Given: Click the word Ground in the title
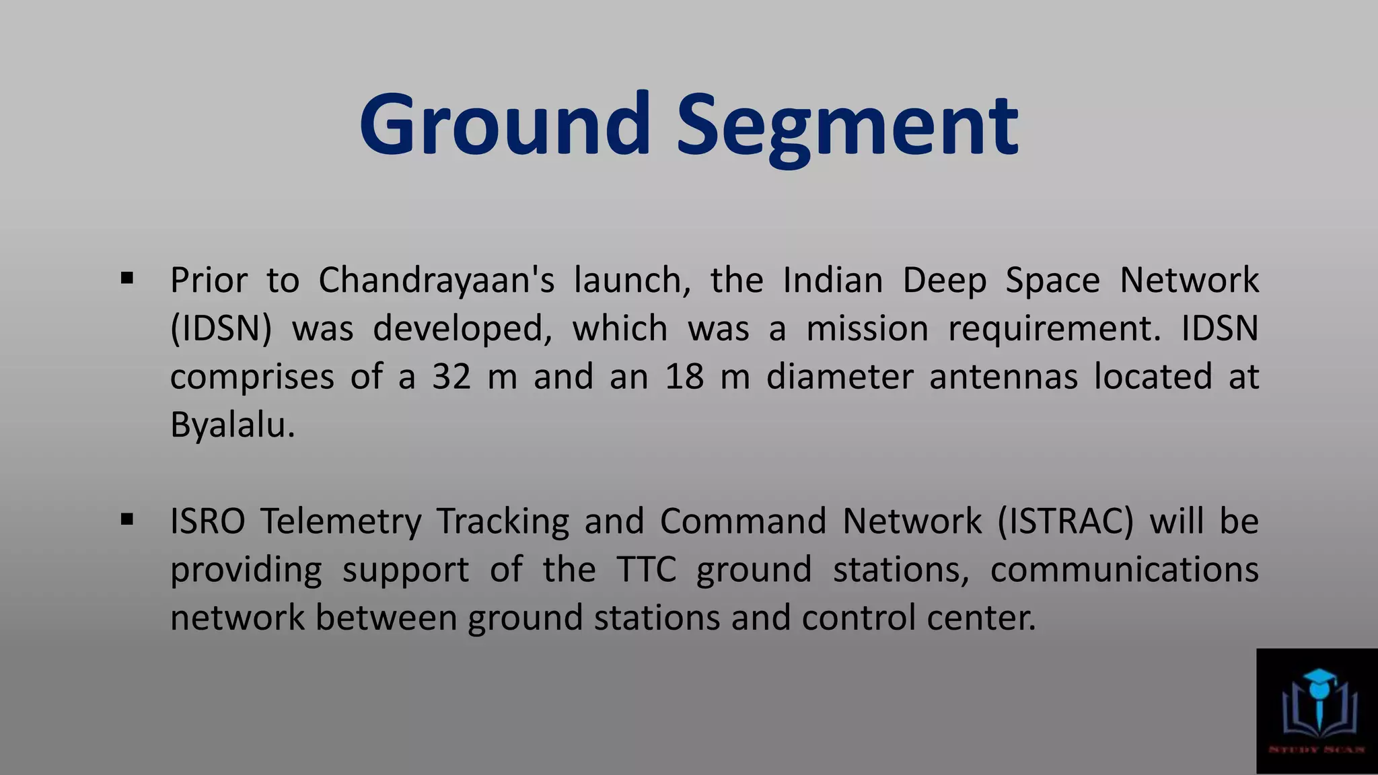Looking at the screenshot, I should tap(505, 126).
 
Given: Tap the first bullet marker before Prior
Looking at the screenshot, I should tap(127, 278).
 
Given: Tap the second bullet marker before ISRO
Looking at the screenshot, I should tap(127, 519).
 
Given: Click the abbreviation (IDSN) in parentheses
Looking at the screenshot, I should tap(221, 329).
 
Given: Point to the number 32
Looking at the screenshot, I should tap(451, 377).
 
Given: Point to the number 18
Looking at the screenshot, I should tap(684, 377).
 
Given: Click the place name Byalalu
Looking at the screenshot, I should tap(232, 425).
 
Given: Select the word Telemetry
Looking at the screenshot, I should tap(340, 521).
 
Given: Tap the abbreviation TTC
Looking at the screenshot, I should tap(646, 570).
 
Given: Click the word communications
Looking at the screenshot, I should tap(1124, 570).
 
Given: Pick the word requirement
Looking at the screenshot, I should tap(1054, 329).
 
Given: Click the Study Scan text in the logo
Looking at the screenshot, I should tap(1317, 749).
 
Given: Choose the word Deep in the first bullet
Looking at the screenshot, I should tap(945, 280).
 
